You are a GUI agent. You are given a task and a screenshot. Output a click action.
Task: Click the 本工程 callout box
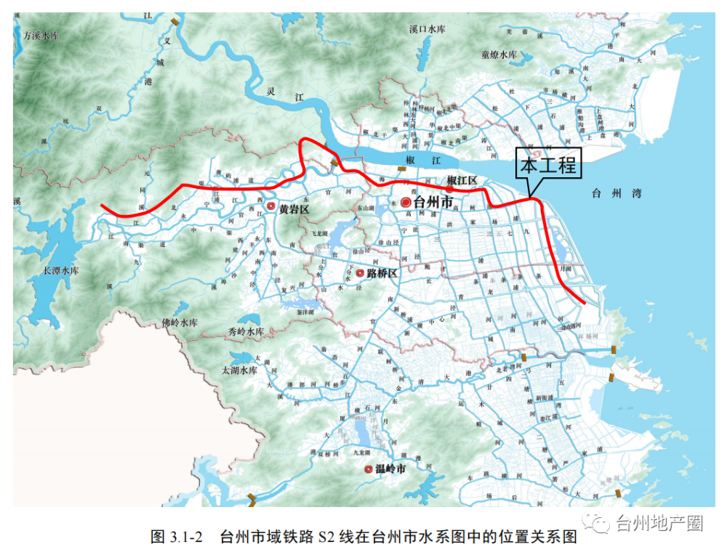pos(549,166)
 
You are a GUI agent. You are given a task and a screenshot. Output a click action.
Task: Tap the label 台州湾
pos(612,193)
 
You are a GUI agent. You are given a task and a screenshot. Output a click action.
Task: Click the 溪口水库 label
pos(427,29)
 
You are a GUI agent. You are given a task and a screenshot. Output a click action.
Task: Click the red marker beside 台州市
pos(406,203)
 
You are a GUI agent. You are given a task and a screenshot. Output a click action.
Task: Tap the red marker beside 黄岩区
pos(271,207)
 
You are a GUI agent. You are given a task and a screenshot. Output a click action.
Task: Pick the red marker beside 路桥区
pos(359,273)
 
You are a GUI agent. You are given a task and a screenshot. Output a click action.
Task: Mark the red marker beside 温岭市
pos(369,470)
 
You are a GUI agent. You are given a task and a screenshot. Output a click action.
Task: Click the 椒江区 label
pos(462,180)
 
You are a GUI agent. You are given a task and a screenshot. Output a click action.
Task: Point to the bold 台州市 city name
pos(433,203)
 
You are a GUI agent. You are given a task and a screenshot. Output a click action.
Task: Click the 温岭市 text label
pos(390,470)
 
